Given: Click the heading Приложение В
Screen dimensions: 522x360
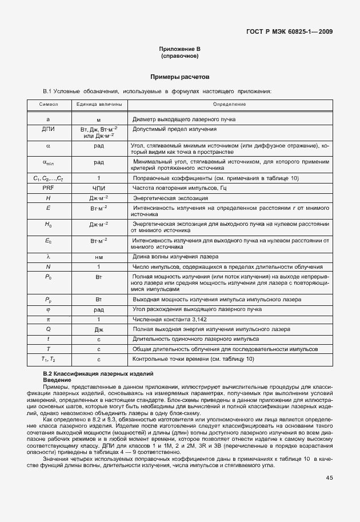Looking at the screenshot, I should (x=180, y=49).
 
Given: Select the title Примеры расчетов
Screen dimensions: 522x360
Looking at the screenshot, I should (x=180, y=76).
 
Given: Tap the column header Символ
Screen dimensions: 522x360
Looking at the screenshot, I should (x=49, y=105).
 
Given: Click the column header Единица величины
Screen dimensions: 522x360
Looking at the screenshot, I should (x=98, y=105).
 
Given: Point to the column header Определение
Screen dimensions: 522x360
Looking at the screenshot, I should (x=229, y=105).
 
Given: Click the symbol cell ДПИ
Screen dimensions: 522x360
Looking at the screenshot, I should (x=49, y=130).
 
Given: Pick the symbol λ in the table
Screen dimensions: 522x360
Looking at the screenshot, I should (x=49, y=257).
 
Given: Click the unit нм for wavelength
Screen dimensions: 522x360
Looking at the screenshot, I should (x=98, y=257).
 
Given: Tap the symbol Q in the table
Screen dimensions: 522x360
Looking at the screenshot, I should (x=49, y=329).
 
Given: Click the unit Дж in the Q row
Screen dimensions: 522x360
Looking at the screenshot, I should (x=98, y=329).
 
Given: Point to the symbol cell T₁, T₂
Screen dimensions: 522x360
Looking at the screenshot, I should (x=49, y=359).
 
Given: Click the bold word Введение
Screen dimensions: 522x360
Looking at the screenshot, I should (x=56, y=380).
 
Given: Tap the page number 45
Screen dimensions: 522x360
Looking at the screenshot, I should (x=329, y=478).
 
